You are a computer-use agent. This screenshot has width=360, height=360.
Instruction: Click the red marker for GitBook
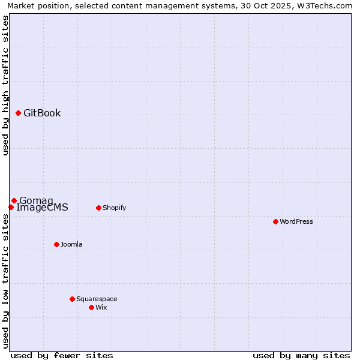tap(18, 113)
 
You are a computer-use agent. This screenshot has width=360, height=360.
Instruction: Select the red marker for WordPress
tap(275, 221)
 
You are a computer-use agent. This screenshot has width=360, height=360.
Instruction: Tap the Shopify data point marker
tap(98, 208)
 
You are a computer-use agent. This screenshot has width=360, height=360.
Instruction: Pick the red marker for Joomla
tap(56, 244)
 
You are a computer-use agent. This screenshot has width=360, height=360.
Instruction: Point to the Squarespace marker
tap(72, 299)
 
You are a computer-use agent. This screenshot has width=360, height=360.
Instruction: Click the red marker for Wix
tap(91, 307)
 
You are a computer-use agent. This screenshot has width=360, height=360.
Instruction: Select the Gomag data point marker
tap(14, 200)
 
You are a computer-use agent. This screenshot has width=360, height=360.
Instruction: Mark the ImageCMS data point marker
tap(11, 207)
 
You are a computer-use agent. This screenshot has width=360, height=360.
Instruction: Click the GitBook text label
tap(42, 113)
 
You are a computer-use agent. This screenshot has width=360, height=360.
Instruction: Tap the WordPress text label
tap(296, 221)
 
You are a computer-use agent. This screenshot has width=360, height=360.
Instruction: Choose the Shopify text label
tap(114, 208)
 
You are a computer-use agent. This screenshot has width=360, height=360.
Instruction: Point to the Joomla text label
tap(71, 244)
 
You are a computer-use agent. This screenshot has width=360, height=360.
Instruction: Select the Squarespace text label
tap(97, 299)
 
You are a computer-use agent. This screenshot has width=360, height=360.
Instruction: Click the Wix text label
tap(101, 307)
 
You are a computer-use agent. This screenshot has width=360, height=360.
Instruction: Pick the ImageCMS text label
tap(42, 208)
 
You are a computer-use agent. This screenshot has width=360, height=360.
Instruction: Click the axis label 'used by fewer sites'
tap(62, 355)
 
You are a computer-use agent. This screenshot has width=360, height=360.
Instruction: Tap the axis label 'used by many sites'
tap(301, 355)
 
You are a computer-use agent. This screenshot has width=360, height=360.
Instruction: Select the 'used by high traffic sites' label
tap(5, 85)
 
